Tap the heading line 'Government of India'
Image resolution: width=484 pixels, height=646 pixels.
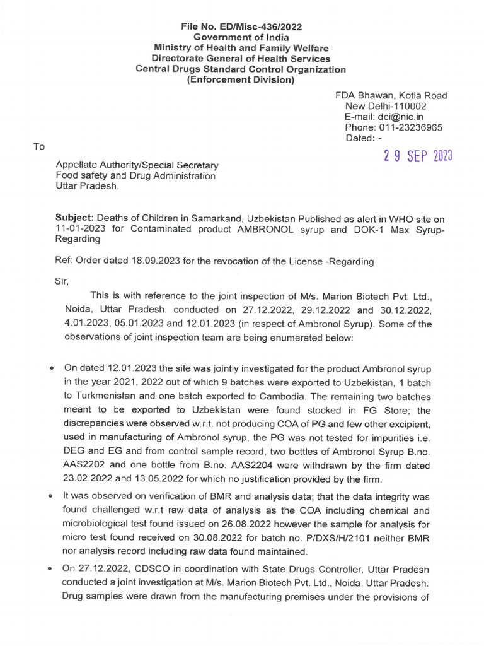[241, 37]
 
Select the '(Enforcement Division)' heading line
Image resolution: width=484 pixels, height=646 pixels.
[241, 80]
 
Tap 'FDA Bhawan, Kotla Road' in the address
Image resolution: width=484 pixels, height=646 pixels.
[391, 95]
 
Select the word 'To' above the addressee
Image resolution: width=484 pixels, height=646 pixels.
[39, 146]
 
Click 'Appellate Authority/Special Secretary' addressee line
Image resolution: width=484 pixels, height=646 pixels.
[137, 165]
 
